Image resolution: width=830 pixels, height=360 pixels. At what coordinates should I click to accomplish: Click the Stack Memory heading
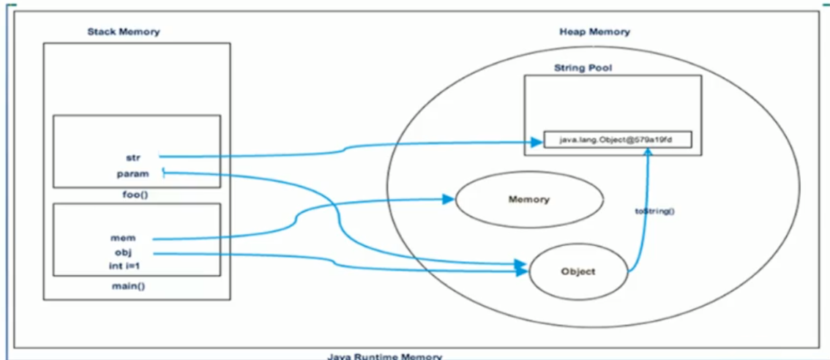[x=123, y=31]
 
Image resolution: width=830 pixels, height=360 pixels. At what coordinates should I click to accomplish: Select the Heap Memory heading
[x=594, y=31]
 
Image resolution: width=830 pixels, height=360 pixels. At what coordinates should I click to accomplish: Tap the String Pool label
[x=583, y=68]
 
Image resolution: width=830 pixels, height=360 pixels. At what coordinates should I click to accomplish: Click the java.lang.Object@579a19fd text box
[x=617, y=139]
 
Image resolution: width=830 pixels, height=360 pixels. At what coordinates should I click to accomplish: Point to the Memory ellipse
[x=530, y=200]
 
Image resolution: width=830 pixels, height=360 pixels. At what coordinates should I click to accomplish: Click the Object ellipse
[x=577, y=271]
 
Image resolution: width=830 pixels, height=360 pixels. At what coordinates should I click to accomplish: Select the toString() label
[x=655, y=211]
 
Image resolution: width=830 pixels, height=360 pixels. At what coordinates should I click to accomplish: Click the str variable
[x=132, y=157]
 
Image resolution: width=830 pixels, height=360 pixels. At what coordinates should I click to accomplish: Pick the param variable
[x=132, y=174]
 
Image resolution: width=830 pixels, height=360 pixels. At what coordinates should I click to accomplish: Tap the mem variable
[x=123, y=238]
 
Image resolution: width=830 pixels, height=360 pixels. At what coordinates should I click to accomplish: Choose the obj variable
[x=124, y=252]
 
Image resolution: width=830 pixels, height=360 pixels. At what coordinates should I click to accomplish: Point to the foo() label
[x=132, y=195]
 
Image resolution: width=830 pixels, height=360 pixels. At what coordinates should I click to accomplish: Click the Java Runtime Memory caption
[x=384, y=356]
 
